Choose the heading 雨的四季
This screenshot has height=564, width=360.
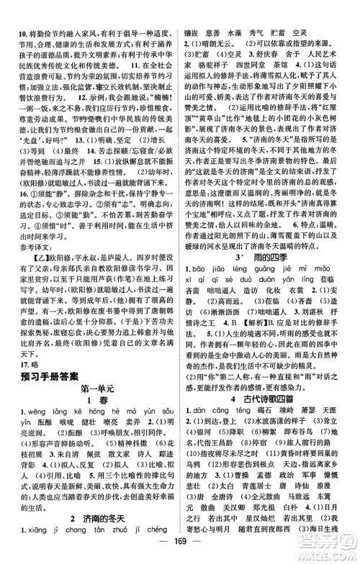point(276,237)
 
